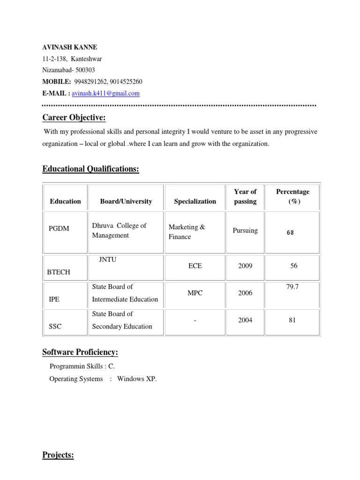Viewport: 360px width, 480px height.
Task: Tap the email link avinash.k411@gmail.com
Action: pyautogui.click(x=105, y=93)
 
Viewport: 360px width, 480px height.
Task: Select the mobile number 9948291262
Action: pyautogui.click(x=90, y=82)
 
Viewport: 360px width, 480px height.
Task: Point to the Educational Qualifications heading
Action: pyautogui.click(x=91, y=169)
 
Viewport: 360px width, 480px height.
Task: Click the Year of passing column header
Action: pyautogui.click(x=245, y=196)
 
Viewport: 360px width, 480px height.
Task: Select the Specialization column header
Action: pyautogui.click(x=195, y=201)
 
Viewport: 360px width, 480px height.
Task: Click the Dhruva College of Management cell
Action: pyautogui.click(x=119, y=230)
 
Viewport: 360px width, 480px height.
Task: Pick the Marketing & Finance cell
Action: pyautogui.click(x=187, y=232)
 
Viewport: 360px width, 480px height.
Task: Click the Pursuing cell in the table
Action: pyautogui.click(x=245, y=231)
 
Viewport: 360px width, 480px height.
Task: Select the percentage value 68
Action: pyautogui.click(x=290, y=232)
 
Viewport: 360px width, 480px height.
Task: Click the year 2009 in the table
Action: pyautogui.click(x=245, y=266)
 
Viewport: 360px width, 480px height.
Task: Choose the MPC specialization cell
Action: pyautogui.click(x=195, y=293)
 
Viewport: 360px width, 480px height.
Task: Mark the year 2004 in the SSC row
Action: pyautogui.click(x=245, y=320)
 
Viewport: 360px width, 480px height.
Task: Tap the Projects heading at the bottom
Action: pyautogui.click(x=58, y=455)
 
